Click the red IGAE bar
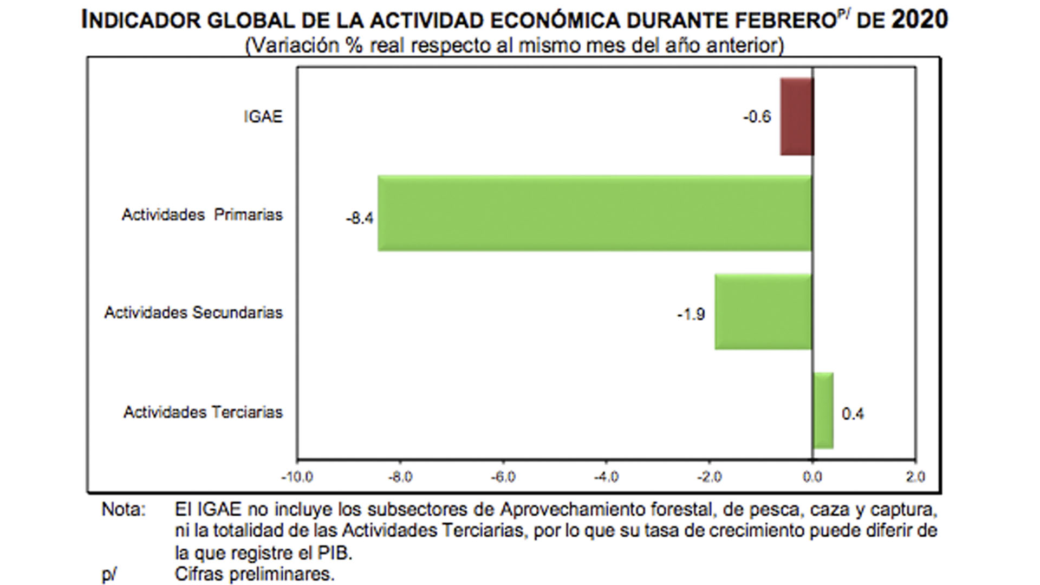pyautogui.click(x=797, y=116)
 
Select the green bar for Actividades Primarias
pyautogui.click(x=594, y=213)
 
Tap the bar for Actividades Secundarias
pyautogui.click(x=763, y=312)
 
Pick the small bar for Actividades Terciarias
pyautogui.click(x=823, y=411)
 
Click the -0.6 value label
pyautogui.click(x=757, y=117)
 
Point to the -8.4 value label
pyautogui.click(x=360, y=218)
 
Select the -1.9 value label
pyautogui.click(x=691, y=314)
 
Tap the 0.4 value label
pyautogui.click(x=853, y=414)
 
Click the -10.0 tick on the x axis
pyautogui.click(x=297, y=477)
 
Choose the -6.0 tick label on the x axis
pyautogui.click(x=503, y=477)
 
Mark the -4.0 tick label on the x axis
pyautogui.click(x=606, y=477)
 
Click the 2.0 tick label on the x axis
pyautogui.click(x=915, y=477)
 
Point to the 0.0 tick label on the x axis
pyautogui.click(x=812, y=477)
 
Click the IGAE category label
pyautogui.click(x=263, y=117)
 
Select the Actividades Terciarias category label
pyautogui.click(x=203, y=412)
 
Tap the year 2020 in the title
pyautogui.click(x=920, y=20)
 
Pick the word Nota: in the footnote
pyautogui.click(x=123, y=510)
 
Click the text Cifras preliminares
pyautogui.click(x=255, y=574)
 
